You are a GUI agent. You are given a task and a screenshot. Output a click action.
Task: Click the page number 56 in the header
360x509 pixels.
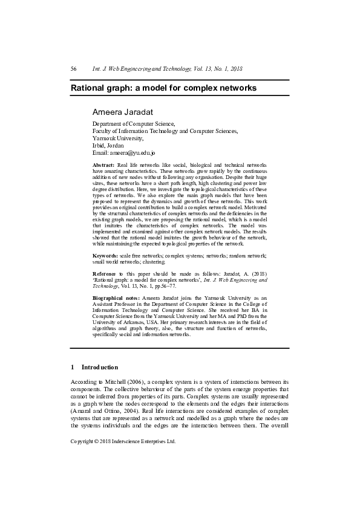74,69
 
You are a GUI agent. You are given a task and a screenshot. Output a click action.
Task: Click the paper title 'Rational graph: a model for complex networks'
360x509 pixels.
163,88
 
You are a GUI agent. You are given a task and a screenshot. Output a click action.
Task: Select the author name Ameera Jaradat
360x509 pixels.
122,112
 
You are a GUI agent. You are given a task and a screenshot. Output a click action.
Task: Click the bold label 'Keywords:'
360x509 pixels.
106,257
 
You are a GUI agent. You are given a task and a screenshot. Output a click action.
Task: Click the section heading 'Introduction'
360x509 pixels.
100,367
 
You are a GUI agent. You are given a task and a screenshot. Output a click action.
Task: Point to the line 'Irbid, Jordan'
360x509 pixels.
108,146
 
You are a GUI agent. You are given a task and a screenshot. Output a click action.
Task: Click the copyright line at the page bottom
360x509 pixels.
123,441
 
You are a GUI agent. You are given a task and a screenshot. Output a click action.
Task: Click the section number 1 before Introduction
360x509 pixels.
73,367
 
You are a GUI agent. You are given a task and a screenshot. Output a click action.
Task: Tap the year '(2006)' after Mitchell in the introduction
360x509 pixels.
131,382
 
